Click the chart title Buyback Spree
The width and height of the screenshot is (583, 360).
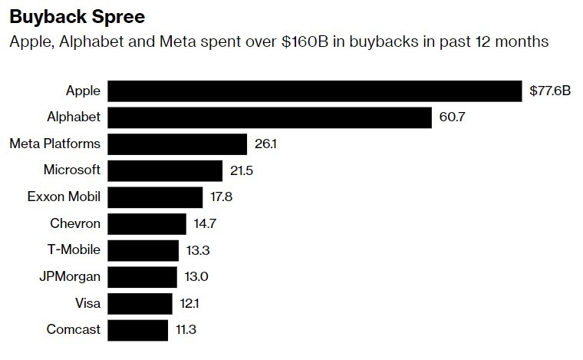click(x=67, y=15)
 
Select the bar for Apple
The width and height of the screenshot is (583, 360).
click(x=315, y=91)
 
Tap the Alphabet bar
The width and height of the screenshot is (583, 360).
click(x=269, y=117)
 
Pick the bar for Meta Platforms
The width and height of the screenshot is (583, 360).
click(x=177, y=144)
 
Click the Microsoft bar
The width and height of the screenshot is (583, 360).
click(x=165, y=170)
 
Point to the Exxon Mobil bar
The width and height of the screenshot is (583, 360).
click(x=155, y=197)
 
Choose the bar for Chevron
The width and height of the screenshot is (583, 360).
click(x=147, y=223)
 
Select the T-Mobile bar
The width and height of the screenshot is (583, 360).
click(x=143, y=250)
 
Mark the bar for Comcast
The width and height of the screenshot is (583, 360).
click(x=137, y=330)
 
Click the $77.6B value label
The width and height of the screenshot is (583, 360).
click(x=550, y=91)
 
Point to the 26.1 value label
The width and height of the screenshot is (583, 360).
click(x=265, y=144)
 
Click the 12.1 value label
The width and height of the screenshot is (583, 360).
click(x=191, y=303)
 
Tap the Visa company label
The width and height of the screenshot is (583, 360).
click(x=87, y=303)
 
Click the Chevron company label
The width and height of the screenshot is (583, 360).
click(x=75, y=223)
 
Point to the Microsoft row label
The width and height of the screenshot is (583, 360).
click(x=73, y=170)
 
